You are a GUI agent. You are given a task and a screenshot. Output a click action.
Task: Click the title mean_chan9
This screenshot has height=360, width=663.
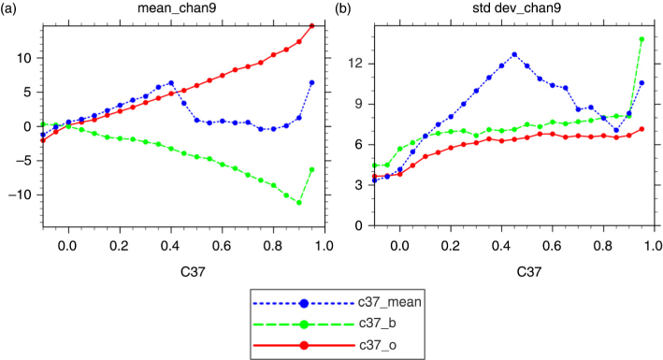(x=177, y=8)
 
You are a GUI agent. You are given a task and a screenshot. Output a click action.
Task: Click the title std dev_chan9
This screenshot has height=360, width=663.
(x=517, y=8)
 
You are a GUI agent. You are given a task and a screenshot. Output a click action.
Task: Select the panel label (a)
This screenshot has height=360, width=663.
(x=8, y=8)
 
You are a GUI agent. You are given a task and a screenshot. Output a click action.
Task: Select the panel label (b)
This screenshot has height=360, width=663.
(x=343, y=8)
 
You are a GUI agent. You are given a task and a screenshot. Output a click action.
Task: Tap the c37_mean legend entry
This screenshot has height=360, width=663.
(x=337, y=303)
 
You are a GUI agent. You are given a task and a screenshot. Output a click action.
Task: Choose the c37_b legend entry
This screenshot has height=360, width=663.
(x=324, y=324)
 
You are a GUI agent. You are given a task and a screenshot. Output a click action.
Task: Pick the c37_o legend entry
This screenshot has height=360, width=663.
(x=324, y=346)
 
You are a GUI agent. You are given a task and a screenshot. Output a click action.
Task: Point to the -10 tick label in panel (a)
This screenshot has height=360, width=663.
(x=20, y=195)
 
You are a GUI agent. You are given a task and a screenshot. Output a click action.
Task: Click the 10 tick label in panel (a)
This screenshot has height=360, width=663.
(x=24, y=58)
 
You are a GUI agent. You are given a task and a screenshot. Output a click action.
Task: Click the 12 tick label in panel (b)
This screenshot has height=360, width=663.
(x=355, y=64)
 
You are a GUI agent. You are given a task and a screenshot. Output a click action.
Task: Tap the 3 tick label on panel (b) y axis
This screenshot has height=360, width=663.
(x=359, y=185)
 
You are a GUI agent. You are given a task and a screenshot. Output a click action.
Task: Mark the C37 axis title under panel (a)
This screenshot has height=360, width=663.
(x=193, y=271)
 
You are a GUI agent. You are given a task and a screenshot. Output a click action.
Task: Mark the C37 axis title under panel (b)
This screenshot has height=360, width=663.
(x=528, y=271)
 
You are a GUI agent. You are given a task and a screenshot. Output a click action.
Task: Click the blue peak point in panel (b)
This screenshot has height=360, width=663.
(x=514, y=54)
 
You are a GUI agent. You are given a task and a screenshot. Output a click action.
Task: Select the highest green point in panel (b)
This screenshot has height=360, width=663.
(x=641, y=39)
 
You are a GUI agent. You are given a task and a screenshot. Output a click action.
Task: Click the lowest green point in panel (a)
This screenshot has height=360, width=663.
(x=299, y=203)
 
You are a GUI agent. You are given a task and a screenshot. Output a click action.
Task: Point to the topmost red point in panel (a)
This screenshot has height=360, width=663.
(x=312, y=26)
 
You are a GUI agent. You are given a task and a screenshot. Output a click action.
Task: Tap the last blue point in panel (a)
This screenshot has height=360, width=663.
(x=312, y=82)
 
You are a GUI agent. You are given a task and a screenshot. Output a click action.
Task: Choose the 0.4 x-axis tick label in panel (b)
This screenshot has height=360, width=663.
(x=501, y=246)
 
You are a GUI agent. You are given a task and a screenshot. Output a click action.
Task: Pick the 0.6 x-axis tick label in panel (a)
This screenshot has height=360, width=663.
(x=222, y=246)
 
